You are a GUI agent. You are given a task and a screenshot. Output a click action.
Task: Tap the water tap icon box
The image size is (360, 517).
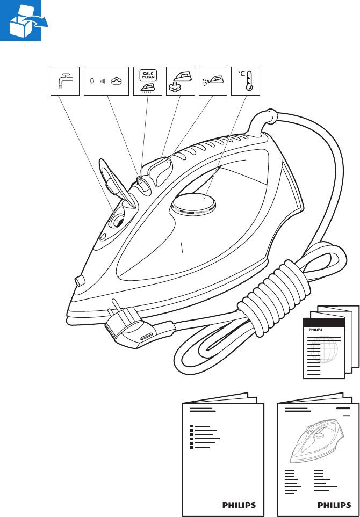coord(64,81)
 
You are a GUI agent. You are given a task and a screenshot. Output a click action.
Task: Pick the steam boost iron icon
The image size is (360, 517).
coord(180,81)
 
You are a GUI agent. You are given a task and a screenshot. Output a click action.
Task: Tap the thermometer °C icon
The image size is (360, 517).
coord(245,81)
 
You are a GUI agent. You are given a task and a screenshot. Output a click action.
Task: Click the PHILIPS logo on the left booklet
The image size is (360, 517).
coord(239,505)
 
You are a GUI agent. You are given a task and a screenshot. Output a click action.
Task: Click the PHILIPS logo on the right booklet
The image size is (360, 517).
coord(334,505)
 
